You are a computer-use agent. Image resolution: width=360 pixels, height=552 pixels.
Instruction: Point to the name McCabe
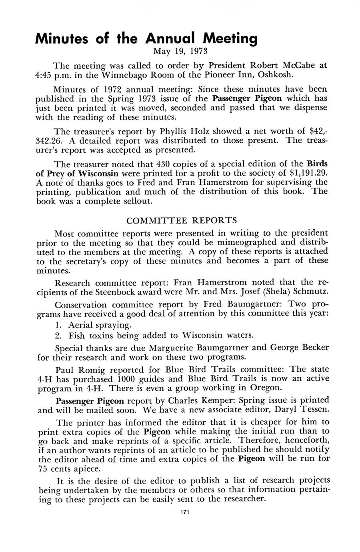pos(300,65)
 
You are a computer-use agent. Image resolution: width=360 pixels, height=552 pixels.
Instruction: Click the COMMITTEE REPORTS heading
pos(182,220)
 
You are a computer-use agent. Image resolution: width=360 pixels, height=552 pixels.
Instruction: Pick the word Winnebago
pos(130,75)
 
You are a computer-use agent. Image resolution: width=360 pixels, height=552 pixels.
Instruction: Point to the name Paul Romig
pos(77,369)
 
